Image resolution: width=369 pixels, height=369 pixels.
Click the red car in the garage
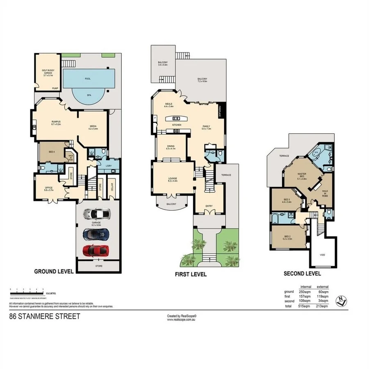point(96,250)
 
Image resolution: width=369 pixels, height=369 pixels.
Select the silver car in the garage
point(96,214)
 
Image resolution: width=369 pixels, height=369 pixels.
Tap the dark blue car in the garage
point(96,234)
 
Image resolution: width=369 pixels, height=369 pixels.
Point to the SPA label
point(89,95)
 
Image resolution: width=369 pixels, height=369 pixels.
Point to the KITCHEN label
point(177,125)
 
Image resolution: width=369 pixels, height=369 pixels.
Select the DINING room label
point(171,147)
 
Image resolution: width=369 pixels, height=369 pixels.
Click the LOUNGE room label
point(172,179)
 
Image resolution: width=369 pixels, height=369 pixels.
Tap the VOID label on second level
point(322,255)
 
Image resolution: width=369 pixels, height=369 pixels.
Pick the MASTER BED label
point(302,176)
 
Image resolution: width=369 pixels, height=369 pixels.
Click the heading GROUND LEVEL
point(54,271)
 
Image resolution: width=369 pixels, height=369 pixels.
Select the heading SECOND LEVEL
point(302,274)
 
